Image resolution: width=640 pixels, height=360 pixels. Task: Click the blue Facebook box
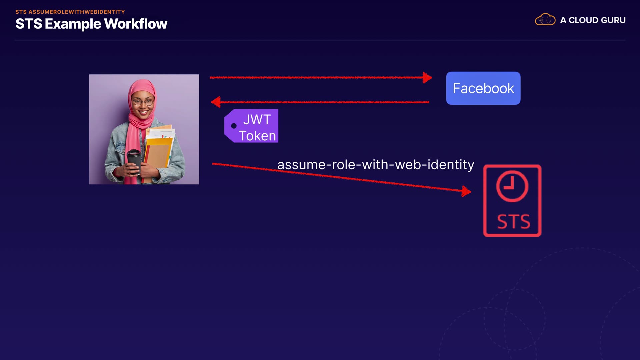[x=483, y=88]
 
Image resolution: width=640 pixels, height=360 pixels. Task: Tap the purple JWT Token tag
[x=252, y=126]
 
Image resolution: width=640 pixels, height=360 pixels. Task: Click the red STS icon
[x=512, y=201]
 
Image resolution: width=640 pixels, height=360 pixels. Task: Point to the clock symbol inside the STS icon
[x=512, y=186]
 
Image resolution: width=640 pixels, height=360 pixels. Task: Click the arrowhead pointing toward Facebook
[x=427, y=78]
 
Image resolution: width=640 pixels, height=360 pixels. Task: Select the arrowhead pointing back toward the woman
[x=216, y=102]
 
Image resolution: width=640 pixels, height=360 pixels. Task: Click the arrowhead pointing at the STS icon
[x=466, y=191]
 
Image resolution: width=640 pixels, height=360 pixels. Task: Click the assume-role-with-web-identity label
[x=376, y=165]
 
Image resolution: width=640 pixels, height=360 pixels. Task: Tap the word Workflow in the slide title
[x=136, y=24]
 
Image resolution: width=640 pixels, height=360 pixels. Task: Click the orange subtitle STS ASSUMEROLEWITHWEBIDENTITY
[x=70, y=12]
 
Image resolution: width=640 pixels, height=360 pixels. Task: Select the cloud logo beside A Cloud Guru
[x=545, y=20]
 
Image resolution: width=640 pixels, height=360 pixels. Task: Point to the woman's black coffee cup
[x=134, y=161]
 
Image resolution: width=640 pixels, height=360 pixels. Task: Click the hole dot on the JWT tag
[x=234, y=126]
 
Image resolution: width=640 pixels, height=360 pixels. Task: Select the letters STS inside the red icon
[x=513, y=222]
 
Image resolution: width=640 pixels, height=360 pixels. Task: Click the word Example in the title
[x=73, y=24]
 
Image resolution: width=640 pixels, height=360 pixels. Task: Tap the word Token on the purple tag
[x=257, y=136]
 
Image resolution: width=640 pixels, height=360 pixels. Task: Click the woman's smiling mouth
[x=143, y=112]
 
